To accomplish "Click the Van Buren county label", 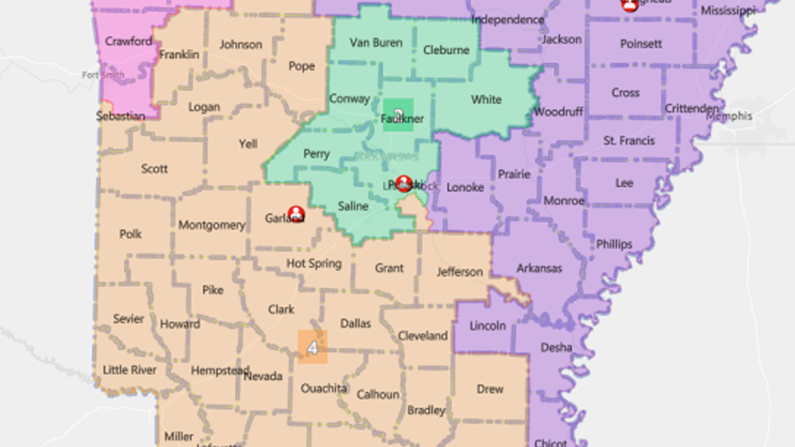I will click(376, 43).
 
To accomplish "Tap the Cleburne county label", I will click(446, 50).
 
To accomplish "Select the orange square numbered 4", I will click(312, 347).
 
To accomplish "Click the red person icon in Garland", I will click(296, 213).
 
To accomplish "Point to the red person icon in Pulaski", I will click(403, 183).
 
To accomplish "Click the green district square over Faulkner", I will click(398, 114).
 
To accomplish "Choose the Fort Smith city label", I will click(103, 75).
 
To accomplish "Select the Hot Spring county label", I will click(314, 264).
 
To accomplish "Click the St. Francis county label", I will click(628, 141).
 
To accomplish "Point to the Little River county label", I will click(130, 370).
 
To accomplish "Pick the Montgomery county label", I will click(211, 225).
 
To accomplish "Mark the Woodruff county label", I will click(558, 112).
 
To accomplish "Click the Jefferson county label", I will click(460, 272).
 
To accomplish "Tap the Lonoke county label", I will click(464, 187).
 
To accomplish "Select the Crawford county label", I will click(128, 41).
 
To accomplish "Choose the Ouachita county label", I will click(324, 388).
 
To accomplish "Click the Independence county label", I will click(507, 20).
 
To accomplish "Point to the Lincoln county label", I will click(487, 326).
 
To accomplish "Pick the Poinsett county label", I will click(641, 44).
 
